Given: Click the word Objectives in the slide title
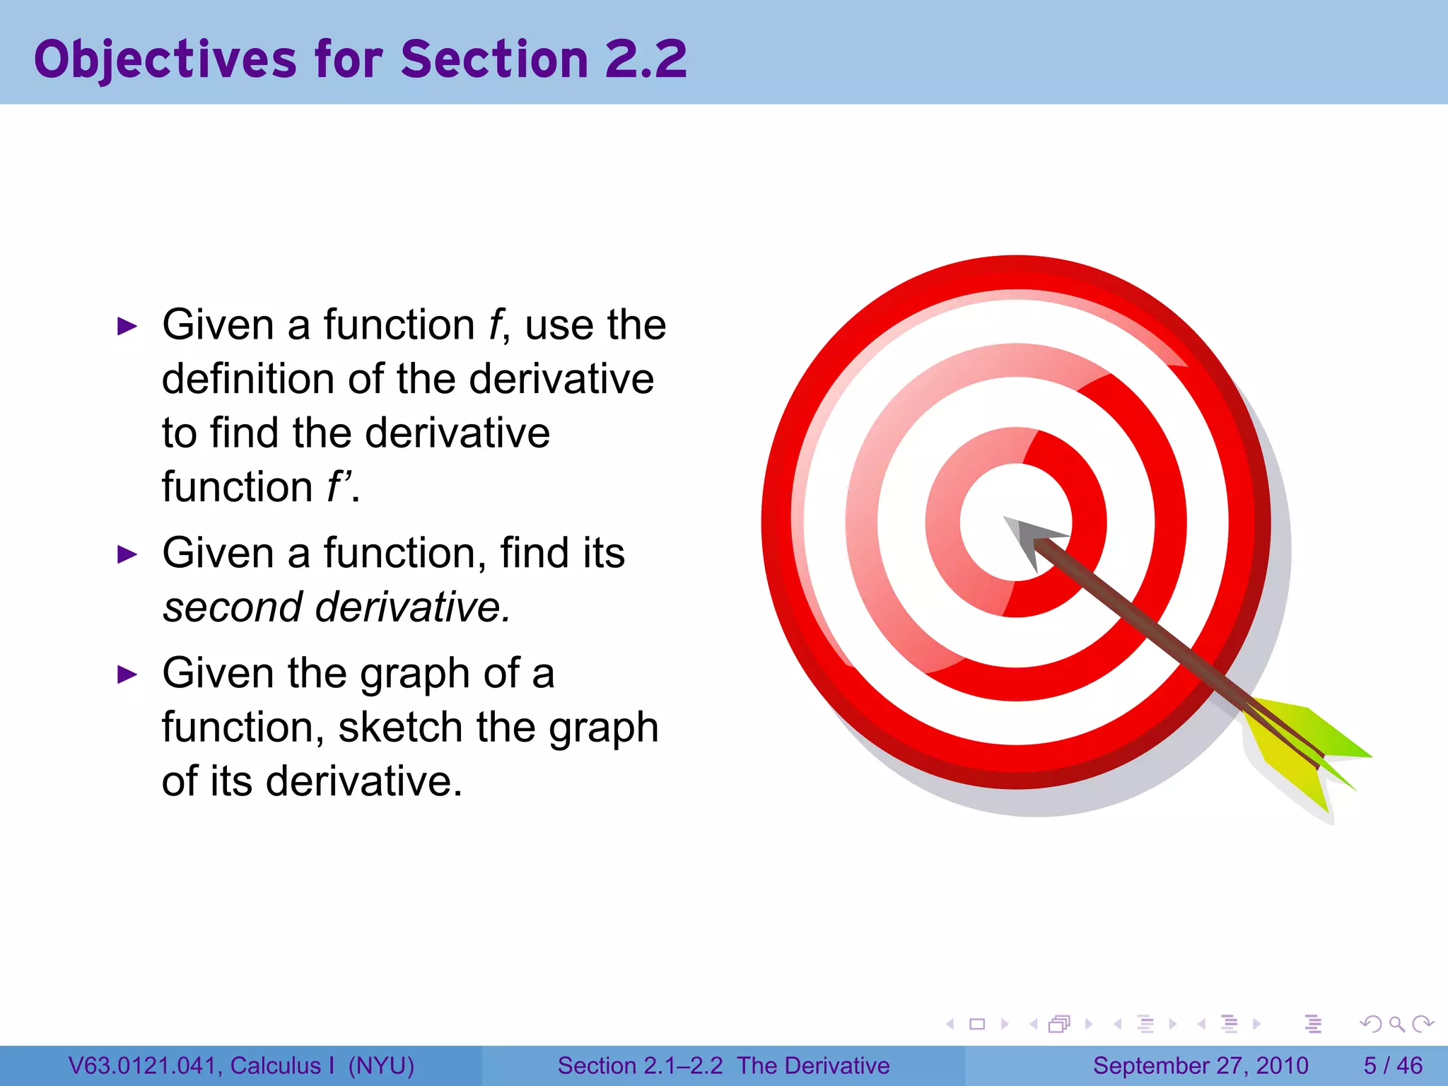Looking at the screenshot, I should click(x=165, y=59).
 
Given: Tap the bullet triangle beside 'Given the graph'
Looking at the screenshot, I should click(x=127, y=675).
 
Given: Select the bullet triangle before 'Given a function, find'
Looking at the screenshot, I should click(x=127, y=555).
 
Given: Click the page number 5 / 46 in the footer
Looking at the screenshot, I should click(x=1393, y=1065).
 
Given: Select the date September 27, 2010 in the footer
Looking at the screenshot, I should click(x=1201, y=1065).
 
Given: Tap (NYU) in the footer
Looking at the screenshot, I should click(x=381, y=1065).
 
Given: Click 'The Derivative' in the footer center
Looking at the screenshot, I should click(x=813, y=1065).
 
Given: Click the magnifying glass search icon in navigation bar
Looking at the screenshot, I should click(x=1396, y=1024).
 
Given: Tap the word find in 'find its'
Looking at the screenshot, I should click(x=525, y=554).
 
